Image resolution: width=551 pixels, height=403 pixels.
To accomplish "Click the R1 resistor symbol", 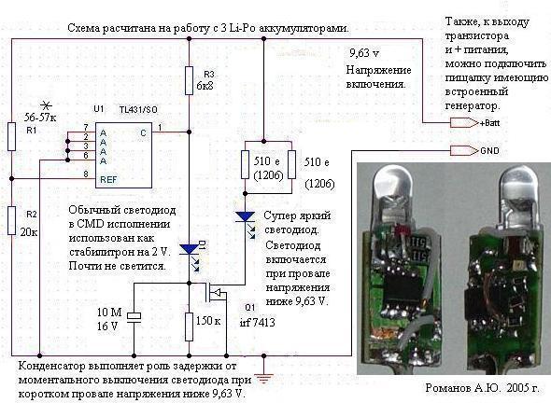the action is click(x=12, y=136).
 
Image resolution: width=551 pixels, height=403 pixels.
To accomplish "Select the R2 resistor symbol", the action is click(x=12, y=220).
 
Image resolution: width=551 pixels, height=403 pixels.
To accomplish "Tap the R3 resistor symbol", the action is click(x=189, y=80).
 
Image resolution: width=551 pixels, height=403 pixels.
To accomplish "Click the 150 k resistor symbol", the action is click(x=189, y=327).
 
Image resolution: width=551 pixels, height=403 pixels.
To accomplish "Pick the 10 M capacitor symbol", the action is click(x=134, y=316).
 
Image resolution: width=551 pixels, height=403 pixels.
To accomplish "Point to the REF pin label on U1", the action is click(x=108, y=180).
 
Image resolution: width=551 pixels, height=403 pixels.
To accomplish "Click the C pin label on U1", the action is click(x=143, y=133).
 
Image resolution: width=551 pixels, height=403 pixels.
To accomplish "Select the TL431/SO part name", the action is click(x=138, y=109).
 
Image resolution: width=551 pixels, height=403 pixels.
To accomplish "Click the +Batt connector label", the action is click(x=489, y=123).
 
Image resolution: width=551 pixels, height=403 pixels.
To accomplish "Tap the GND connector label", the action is click(x=489, y=151).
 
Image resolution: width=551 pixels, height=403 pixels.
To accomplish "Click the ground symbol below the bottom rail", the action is click(x=263, y=379).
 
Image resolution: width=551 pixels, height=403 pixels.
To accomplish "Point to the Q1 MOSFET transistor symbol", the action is click(x=216, y=292).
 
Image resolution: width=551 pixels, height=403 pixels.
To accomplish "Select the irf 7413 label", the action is click(x=257, y=322).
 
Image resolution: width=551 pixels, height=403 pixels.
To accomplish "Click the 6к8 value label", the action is click(x=205, y=86).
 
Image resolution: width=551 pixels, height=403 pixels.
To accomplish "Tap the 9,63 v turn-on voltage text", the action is click(x=364, y=53).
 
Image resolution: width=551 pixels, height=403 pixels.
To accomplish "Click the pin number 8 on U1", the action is click(x=86, y=174).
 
